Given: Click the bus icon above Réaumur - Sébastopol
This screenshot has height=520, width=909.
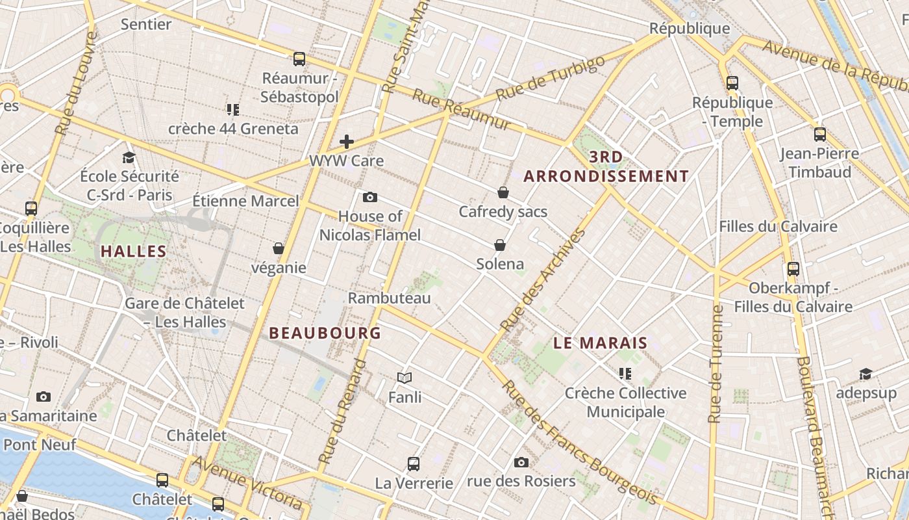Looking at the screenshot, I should (299, 59).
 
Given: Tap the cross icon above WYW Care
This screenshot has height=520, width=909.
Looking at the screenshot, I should (347, 142).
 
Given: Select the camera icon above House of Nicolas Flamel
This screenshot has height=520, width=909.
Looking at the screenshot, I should (370, 197).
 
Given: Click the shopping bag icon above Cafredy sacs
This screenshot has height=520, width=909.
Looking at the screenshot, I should (503, 192).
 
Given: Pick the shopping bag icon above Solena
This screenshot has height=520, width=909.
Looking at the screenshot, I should (500, 245).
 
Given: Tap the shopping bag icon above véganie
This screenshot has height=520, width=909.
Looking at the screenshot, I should (279, 248).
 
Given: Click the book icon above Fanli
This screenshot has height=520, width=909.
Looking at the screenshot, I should (405, 378).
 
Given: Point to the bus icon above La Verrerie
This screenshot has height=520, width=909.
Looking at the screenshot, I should (414, 464).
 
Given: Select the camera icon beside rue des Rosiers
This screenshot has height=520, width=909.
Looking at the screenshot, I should (521, 463).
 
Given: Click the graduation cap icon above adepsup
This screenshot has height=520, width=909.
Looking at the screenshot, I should (865, 374).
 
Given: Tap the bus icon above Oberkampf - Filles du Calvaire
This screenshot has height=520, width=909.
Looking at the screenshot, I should (793, 268).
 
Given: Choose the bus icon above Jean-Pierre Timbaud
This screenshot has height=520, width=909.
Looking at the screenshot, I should (820, 135).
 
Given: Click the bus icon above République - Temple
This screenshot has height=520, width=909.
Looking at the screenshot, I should (732, 83).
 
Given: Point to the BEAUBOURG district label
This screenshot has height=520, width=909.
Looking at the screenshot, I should (325, 333).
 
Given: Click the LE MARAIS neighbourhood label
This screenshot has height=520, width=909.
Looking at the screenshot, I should (601, 343).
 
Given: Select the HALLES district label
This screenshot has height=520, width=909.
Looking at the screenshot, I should (134, 251).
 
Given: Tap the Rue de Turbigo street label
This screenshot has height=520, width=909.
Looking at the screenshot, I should (551, 77).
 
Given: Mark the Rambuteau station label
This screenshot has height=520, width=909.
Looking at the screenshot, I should (390, 298).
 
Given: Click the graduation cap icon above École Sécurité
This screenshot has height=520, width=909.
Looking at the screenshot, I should (129, 157).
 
